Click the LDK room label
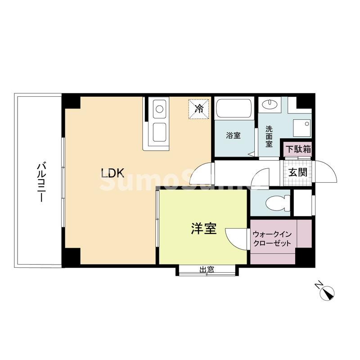(112, 173)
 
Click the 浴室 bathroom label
(233, 135)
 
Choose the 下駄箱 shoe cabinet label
(297, 149)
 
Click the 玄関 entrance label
(297, 172)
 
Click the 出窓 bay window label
(207, 270)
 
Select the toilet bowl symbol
(276, 204)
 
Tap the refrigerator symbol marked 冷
(198, 108)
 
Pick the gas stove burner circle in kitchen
(160, 108)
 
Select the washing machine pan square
(301, 128)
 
